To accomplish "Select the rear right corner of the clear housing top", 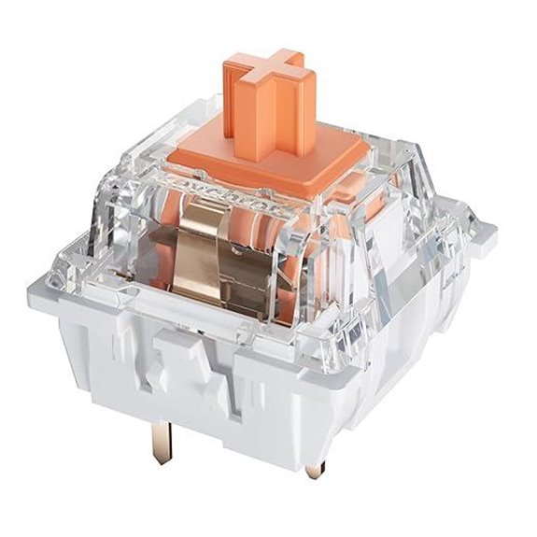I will click(x=392, y=140).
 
